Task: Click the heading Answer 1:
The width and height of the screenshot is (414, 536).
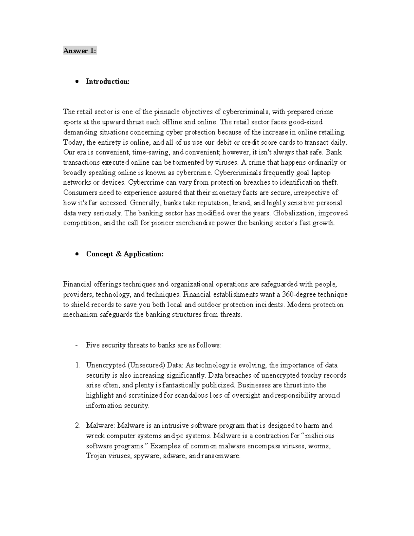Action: (x=80, y=51)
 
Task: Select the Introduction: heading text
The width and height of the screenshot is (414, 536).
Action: (x=108, y=81)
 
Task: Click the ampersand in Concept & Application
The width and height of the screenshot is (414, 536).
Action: (x=119, y=254)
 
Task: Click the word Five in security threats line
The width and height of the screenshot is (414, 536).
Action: (x=93, y=345)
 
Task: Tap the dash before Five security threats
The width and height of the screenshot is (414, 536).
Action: (x=76, y=345)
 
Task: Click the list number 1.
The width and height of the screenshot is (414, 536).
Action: (x=77, y=365)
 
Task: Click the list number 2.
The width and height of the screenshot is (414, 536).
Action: (x=77, y=426)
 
